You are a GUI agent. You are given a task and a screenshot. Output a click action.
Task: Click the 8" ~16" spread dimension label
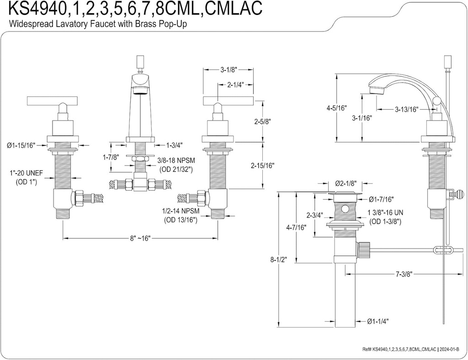tap(140, 238)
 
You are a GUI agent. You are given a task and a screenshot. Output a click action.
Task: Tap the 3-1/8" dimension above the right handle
tap(228, 70)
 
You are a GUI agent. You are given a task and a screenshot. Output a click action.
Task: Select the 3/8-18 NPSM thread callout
tap(176, 161)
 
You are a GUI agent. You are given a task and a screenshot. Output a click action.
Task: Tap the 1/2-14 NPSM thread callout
tap(181, 212)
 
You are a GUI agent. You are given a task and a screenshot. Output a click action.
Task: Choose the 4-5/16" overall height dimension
tap(337, 108)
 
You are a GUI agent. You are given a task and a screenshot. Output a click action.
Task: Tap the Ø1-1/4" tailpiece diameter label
tap(378, 321)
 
